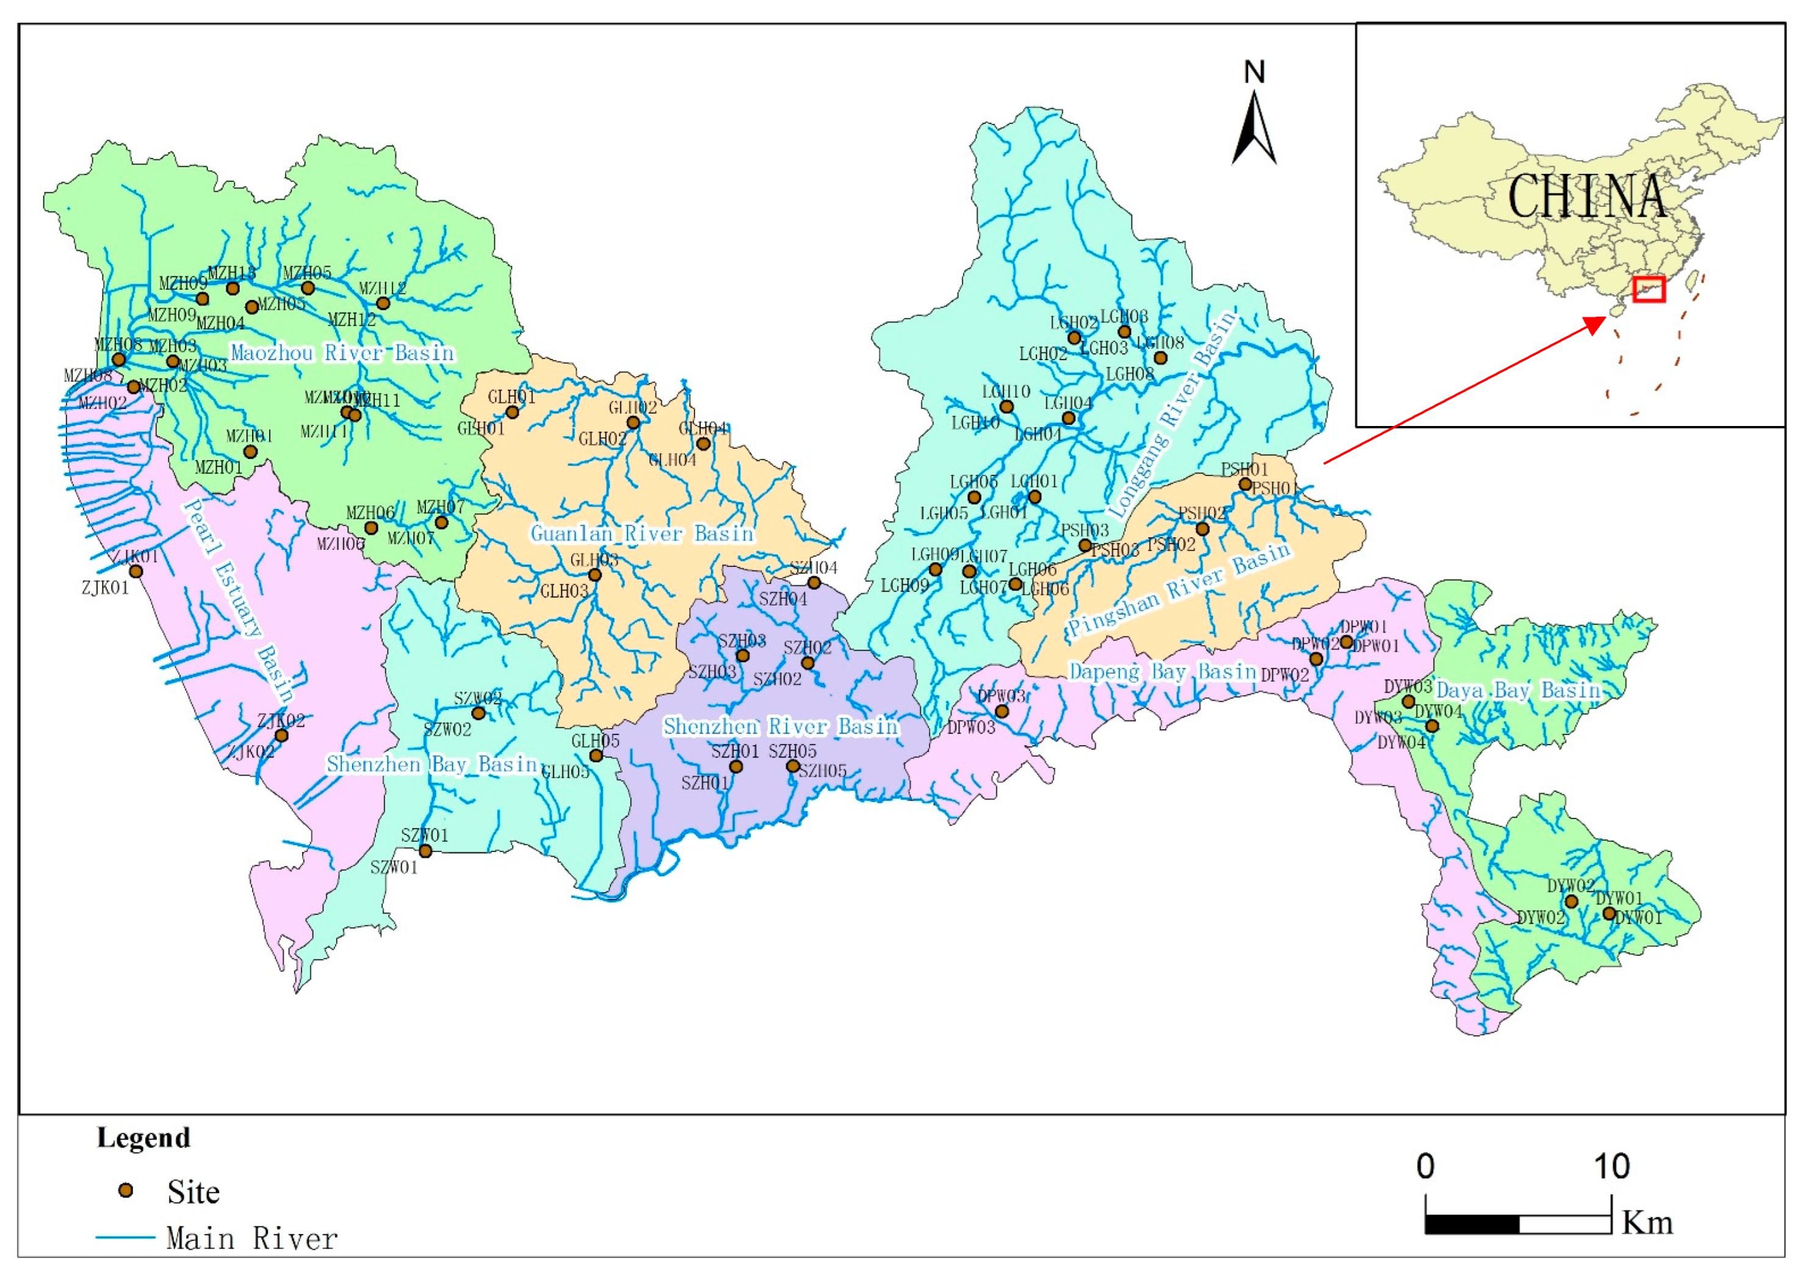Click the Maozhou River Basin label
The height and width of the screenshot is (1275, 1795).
click(342, 353)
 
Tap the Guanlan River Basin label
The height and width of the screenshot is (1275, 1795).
click(642, 534)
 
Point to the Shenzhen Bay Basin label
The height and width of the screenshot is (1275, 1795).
click(432, 764)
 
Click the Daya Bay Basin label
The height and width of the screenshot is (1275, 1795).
click(1517, 691)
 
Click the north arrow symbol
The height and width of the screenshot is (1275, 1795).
click(1254, 129)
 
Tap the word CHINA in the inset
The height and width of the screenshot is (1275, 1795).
click(1586, 197)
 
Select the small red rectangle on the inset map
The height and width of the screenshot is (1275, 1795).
click(1649, 289)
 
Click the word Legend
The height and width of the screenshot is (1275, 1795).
click(143, 1138)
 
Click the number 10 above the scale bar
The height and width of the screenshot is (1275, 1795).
click(1611, 1166)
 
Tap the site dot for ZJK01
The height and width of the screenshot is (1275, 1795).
click(135, 571)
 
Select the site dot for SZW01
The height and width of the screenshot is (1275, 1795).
click(425, 851)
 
